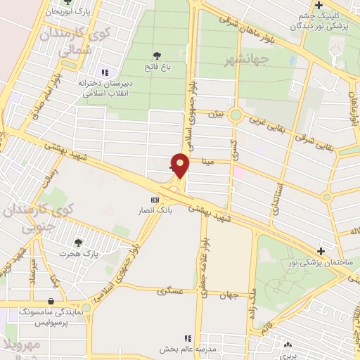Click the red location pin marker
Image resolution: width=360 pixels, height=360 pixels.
click(x=181, y=165)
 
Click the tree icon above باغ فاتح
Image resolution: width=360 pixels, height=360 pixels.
click(x=156, y=55)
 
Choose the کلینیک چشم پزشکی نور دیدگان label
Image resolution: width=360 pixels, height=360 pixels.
click(x=323, y=21)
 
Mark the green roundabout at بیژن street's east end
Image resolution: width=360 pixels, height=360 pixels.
click(x=236, y=115)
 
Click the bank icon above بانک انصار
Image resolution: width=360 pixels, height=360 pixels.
click(x=155, y=200)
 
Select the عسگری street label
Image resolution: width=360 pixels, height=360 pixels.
click(x=169, y=290)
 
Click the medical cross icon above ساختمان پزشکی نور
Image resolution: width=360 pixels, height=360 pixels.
click(x=321, y=250)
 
